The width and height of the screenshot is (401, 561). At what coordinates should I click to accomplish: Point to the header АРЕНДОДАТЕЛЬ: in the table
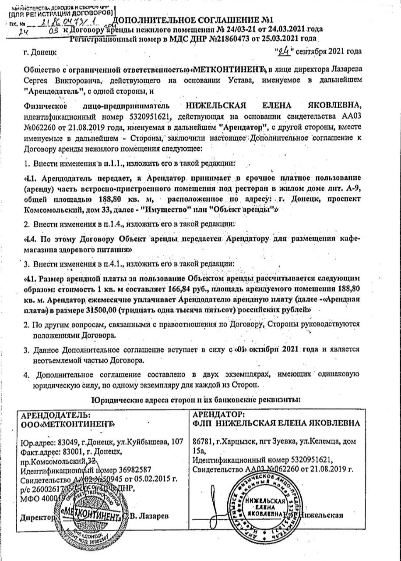click(x=55, y=415)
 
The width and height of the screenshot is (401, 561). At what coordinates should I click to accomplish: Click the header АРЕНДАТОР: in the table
click(x=219, y=415)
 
